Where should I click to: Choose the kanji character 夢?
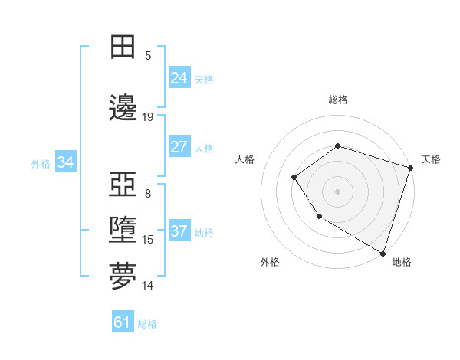pyautogui.click(x=123, y=277)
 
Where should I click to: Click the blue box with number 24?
pyautogui.click(x=179, y=78)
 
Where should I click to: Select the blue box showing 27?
pyautogui.click(x=179, y=147)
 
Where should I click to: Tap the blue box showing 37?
pyautogui.click(x=179, y=232)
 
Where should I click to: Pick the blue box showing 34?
pyautogui.click(x=66, y=162)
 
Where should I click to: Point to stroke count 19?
pyautogui.click(x=148, y=117)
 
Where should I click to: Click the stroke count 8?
pyautogui.click(x=148, y=194)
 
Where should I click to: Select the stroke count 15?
pyautogui.click(x=148, y=240)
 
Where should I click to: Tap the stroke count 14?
pyautogui.click(x=148, y=286)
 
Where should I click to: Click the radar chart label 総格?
pyautogui.click(x=337, y=100)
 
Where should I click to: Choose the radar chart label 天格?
pyautogui.click(x=431, y=159)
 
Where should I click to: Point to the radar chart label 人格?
pyautogui.click(x=245, y=159)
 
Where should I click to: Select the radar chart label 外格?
pyautogui.click(x=270, y=262)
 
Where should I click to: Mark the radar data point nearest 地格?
pyautogui.click(x=383, y=253)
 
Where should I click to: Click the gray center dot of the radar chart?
pyautogui.click(x=337, y=191)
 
